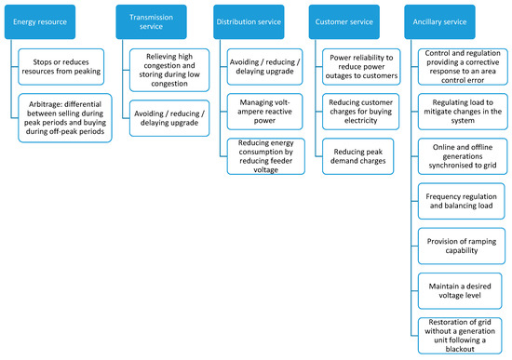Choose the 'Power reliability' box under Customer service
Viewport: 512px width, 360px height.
364,68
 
